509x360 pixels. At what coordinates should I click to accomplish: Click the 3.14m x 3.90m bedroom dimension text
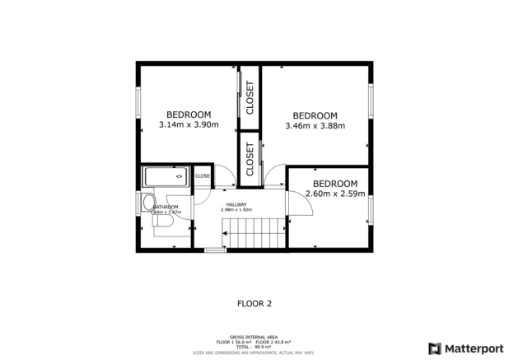pos(189,125)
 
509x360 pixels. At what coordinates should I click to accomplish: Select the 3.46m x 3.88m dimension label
pos(315,126)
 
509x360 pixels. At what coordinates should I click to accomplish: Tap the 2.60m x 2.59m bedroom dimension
pos(334,194)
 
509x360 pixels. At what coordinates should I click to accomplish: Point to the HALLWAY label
pos(236,203)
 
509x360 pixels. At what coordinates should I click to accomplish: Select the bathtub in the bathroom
pos(165,175)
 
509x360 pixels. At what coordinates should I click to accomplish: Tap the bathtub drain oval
pos(180,175)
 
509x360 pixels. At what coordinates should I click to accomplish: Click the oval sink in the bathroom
pos(147,203)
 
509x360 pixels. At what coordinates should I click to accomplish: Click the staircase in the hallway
pos(255,233)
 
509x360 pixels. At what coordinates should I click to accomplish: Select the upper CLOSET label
pos(250,97)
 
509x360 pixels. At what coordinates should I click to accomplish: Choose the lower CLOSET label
pos(250,158)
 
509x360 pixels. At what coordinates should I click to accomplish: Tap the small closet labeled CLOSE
pos(202,175)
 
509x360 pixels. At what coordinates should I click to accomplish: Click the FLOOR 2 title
pos(254,303)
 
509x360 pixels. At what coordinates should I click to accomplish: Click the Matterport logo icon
pos(434,348)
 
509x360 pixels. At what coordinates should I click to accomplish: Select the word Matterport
pos(472,348)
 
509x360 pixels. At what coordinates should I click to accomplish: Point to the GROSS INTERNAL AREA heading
pos(254,337)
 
